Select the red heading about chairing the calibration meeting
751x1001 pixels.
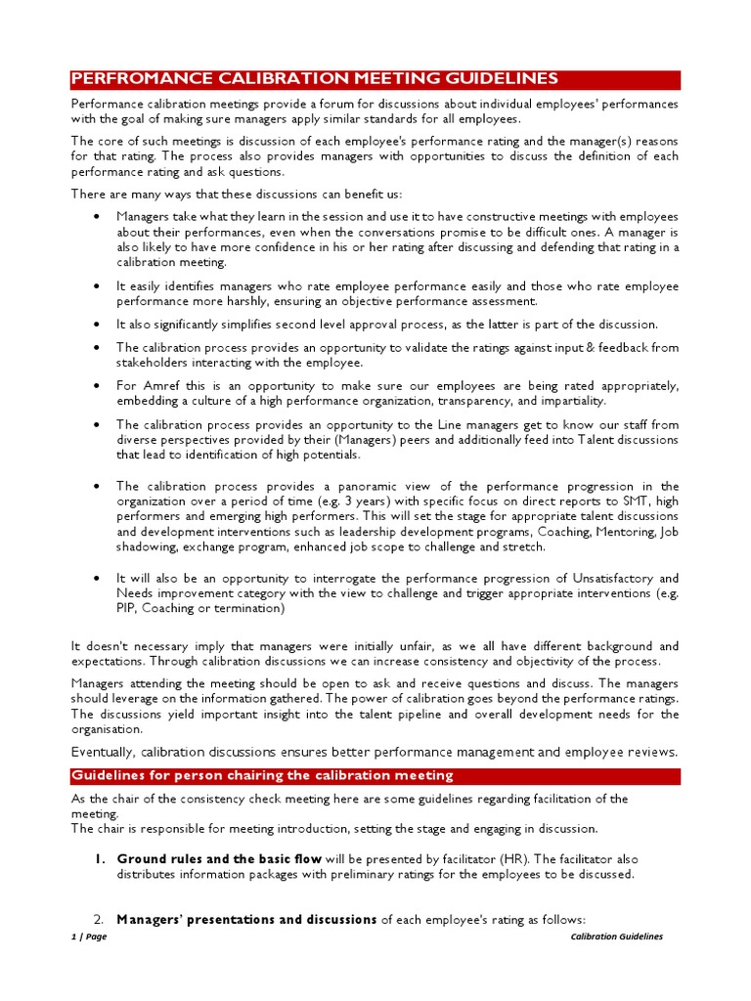pos(262,775)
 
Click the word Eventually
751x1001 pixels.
pos(105,752)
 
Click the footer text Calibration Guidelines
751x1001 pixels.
pos(616,936)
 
